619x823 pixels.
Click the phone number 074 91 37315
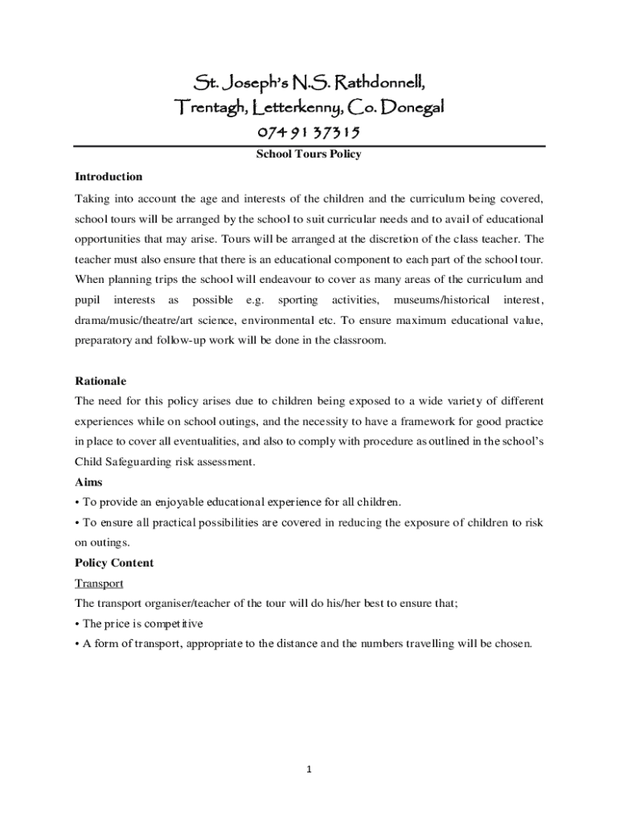pos(309,133)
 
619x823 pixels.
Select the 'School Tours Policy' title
pos(309,154)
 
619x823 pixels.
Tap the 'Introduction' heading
pos(109,176)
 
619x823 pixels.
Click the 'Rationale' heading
pos(100,380)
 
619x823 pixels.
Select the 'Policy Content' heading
pos(114,563)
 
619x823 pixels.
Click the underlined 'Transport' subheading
pos(99,583)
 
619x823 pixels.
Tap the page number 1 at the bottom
pos(309,769)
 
